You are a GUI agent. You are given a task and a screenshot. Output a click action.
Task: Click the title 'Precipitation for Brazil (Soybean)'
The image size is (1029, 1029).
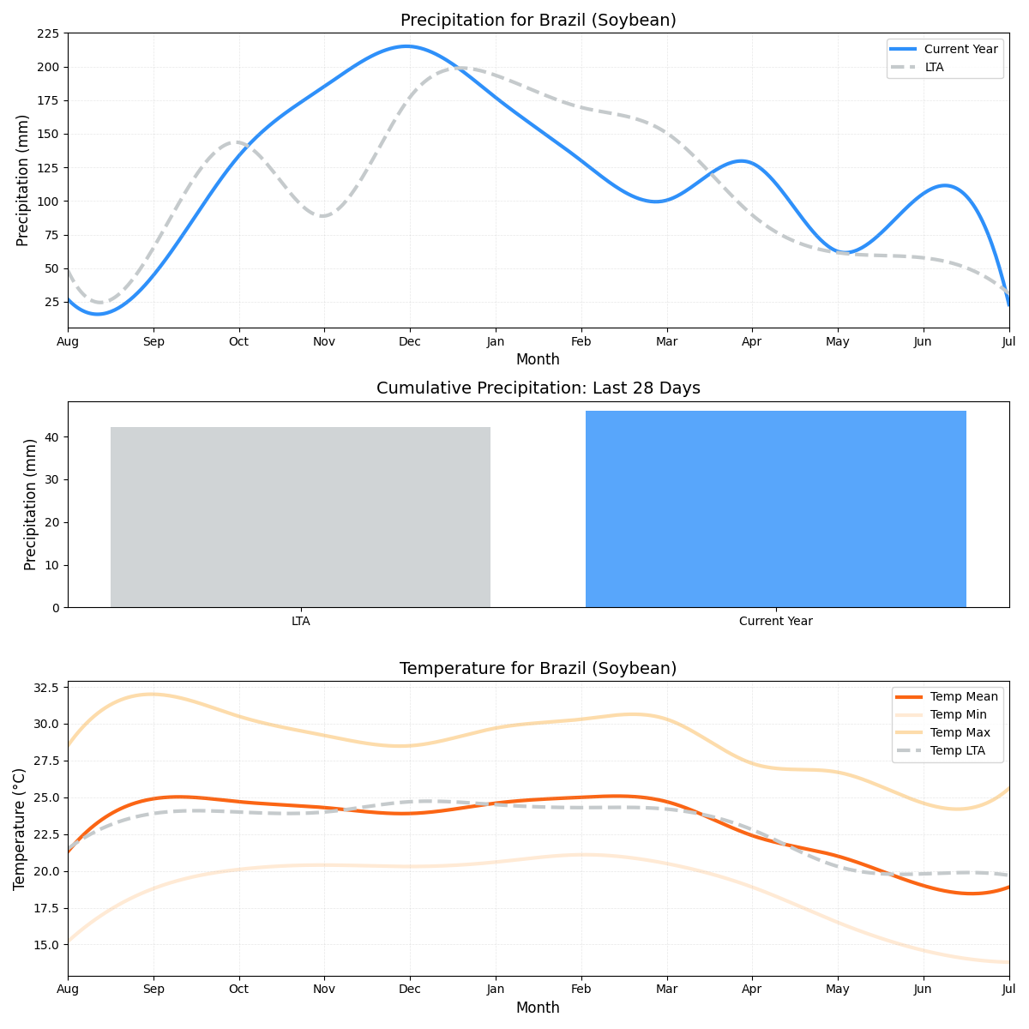(538, 21)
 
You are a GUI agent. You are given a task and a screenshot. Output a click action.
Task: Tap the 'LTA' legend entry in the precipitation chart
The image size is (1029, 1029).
(934, 67)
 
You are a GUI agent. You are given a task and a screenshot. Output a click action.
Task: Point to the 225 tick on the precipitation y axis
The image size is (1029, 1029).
(48, 33)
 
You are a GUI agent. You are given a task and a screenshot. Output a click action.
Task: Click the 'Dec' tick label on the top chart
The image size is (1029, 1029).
(409, 341)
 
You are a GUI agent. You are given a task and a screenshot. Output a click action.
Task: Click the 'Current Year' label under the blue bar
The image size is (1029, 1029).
(775, 621)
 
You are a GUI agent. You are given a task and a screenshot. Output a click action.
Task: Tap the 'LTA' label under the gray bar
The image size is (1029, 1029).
(300, 621)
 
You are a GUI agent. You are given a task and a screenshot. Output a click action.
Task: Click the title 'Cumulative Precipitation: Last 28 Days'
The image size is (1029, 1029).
(538, 388)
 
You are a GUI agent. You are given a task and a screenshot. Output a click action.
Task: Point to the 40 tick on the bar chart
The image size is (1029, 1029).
(53, 437)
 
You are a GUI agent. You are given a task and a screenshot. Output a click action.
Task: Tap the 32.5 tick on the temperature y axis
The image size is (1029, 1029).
(44, 688)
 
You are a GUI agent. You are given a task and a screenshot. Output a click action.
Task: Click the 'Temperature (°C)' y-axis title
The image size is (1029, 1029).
(20, 828)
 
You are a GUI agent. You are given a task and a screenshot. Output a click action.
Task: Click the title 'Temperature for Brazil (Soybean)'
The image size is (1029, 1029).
(538, 669)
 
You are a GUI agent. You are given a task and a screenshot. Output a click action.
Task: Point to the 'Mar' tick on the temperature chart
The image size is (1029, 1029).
(666, 990)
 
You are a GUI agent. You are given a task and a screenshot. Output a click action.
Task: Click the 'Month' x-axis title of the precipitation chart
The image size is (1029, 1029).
(538, 360)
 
